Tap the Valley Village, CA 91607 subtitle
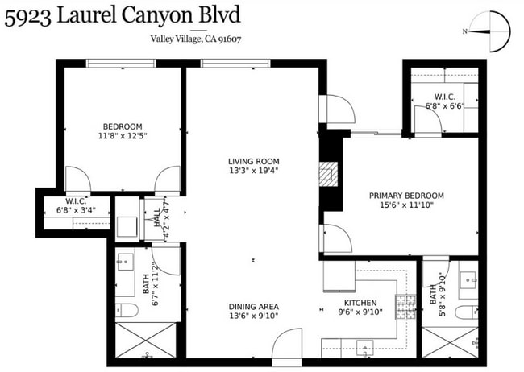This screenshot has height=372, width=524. tap(197, 39)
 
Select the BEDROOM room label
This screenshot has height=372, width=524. tap(123, 126)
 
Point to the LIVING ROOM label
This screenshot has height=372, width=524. tap(253, 161)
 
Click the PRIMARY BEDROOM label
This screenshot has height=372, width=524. tap(406, 196)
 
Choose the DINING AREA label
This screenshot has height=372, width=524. tap(253, 306)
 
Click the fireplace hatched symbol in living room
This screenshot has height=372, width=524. tap(327, 173)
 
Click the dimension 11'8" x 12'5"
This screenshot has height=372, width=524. tap(123, 135)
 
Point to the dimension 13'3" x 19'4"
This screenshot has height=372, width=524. tap(253, 171)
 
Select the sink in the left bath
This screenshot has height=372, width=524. tap(126, 262)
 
